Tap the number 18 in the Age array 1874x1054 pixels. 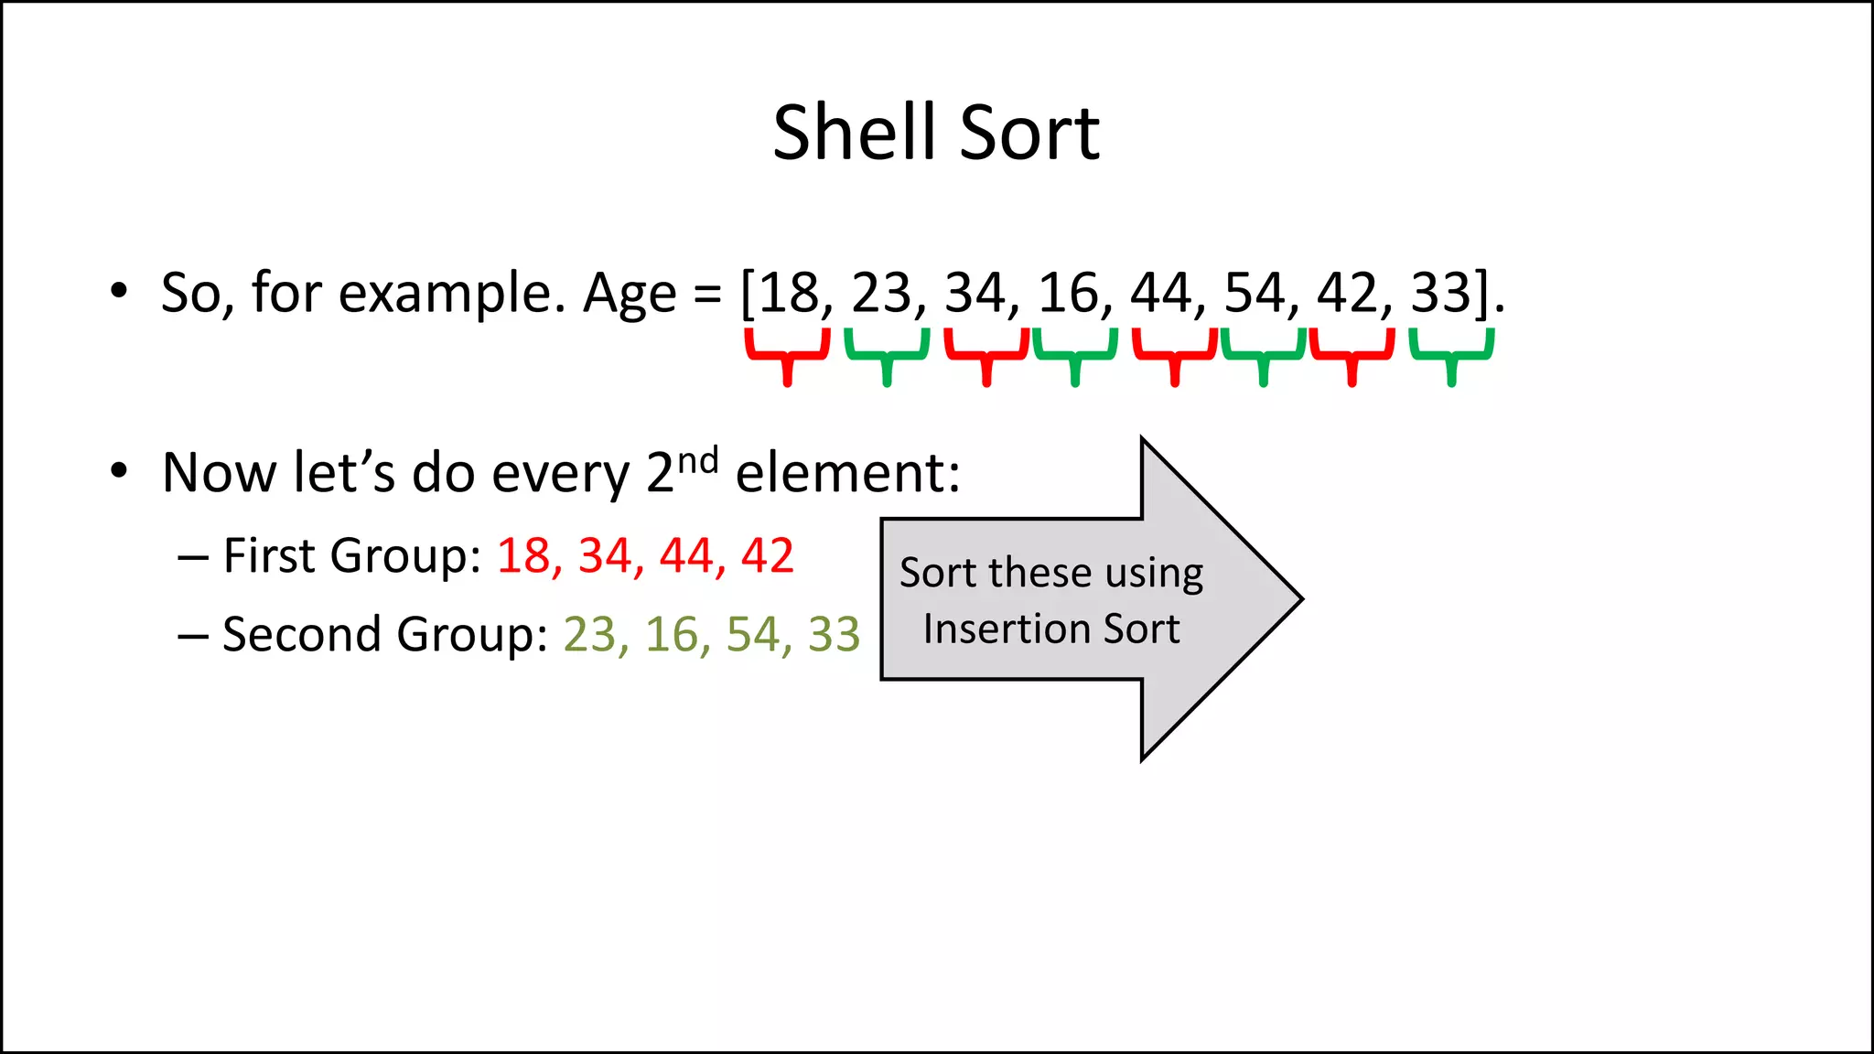[789, 293]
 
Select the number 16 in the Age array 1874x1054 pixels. [1068, 293]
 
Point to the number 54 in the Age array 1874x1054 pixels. [1255, 293]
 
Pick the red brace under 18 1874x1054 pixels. [787, 356]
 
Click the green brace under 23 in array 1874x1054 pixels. [887, 356]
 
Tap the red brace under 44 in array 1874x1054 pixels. [1175, 356]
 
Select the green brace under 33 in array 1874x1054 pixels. [1451, 356]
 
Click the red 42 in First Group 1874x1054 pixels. [767, 555]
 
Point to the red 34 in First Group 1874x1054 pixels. [605, 555]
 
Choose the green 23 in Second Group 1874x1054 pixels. [589, 634]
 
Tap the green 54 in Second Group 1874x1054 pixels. [753, 634]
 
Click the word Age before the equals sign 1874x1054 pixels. [630, 293]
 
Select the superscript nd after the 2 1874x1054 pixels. [697, 459]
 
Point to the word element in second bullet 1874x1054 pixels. [846, 473]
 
